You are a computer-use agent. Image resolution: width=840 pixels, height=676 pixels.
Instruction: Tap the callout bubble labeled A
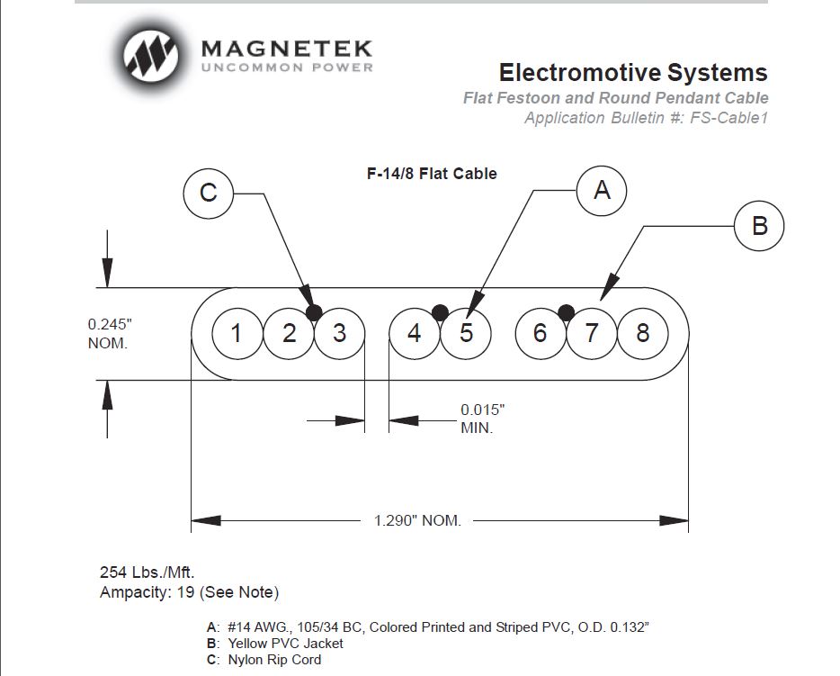pos(602,190)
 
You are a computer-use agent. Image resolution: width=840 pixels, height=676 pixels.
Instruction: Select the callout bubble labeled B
pos(759,225)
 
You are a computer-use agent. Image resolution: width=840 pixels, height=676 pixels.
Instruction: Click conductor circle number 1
pos(237,334)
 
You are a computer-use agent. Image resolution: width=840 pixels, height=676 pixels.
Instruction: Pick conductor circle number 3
pos(339,334)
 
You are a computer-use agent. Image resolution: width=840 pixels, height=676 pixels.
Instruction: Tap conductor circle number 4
pos(414,334)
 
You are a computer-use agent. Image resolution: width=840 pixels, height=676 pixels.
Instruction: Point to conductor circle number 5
pos(466,334)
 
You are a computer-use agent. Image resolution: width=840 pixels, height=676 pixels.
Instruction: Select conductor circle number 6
pos(540,334)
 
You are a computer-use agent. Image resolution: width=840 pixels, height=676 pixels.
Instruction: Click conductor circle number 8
pos(642,334)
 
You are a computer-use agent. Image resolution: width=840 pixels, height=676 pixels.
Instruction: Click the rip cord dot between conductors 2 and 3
pos(313,312)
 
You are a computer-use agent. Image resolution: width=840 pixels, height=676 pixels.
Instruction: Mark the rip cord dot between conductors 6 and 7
pos(566,312)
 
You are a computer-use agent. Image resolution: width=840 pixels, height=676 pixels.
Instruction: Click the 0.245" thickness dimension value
pos(111,323)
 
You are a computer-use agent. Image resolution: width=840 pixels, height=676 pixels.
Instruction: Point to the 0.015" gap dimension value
pos(482,410)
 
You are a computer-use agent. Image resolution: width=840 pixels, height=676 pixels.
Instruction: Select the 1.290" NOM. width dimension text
pos(417,521)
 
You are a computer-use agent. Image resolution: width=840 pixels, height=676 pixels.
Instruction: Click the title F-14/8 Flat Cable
pos(431,174)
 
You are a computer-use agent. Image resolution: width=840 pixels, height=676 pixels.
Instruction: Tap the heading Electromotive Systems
pos(632,72)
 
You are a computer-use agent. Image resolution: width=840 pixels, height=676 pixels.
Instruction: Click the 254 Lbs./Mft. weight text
pos(147,572)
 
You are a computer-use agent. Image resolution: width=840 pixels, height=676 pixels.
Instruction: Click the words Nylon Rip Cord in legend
pos(274,660)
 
